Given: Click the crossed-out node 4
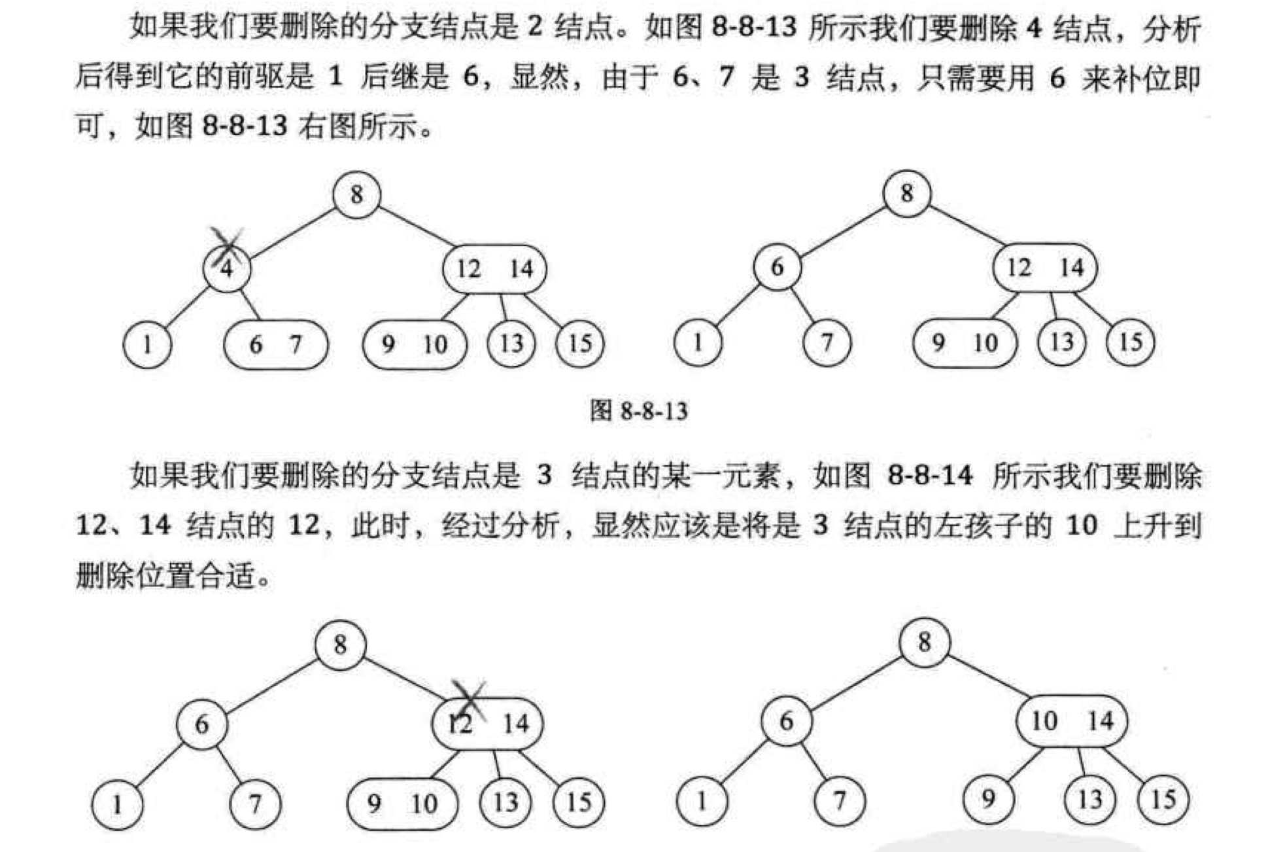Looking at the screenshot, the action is coord(227,269).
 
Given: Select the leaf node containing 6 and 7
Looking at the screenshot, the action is coord(275,345).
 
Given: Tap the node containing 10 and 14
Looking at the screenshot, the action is coord(1072,721).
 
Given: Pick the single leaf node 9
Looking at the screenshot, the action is coord(988,799).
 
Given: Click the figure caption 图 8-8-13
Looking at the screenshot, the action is coord(639,412).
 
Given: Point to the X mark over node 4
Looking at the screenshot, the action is coord(226,245).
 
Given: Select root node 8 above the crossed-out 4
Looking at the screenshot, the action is coord(356,194).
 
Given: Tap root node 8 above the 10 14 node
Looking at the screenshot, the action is coord(924,643).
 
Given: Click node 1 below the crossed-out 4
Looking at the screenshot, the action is coord(147,345).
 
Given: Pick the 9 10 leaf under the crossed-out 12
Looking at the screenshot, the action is coord(402,803).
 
